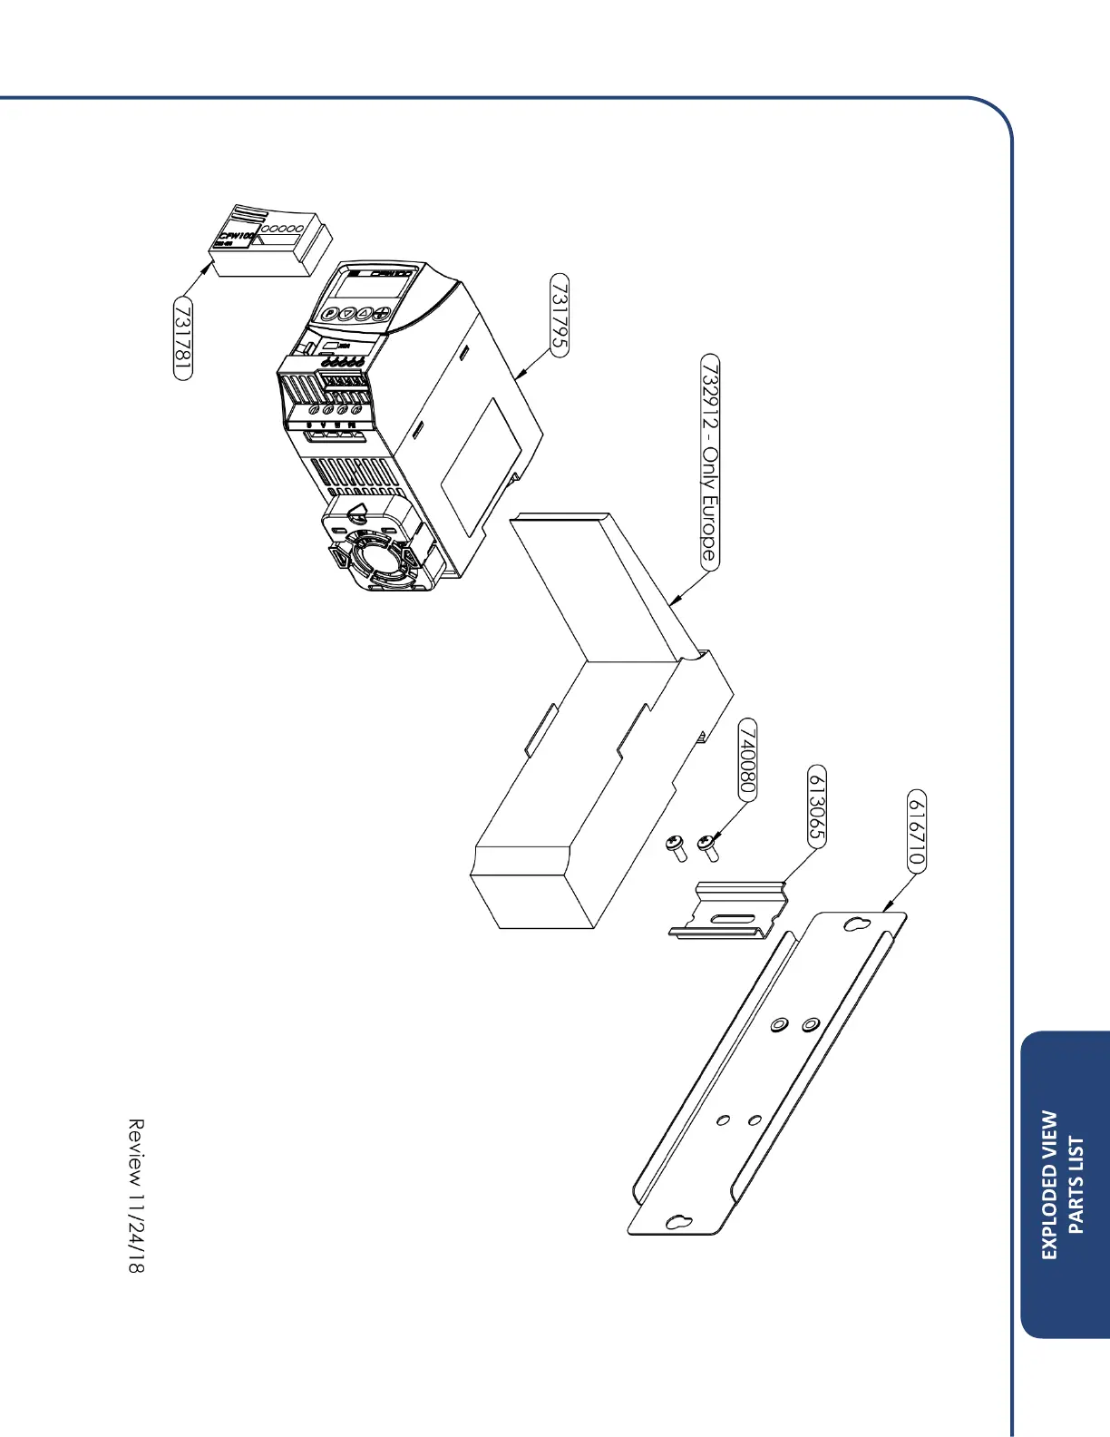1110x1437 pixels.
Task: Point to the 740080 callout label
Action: [x=747, y=759]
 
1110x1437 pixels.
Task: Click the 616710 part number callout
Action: [x=917, y=831]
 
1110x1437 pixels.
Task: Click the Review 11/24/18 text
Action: [x=135, y=1195]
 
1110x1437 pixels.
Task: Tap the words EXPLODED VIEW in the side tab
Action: [x=1049, y=1185]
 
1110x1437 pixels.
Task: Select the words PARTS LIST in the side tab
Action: [x=1076, y=1185]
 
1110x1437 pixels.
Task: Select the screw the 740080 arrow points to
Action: [x=707, y=847]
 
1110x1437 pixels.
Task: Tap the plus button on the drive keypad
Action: [x=382, y=315]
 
